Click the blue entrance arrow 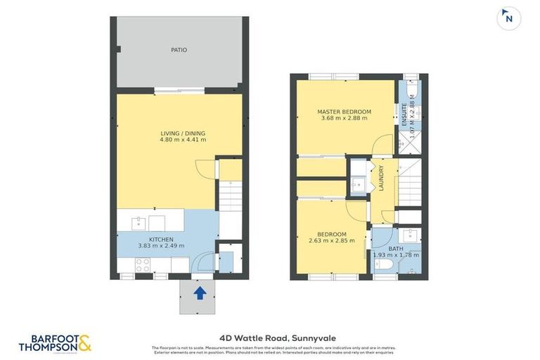pyautogui.click(x=199, y=292)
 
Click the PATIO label pyautogui.click(x=179, y=51)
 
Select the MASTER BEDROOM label pyautogui.click(x=344, y=112)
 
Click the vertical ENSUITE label pyautogui.click(x=404, y=115)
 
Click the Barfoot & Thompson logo pyautogui.click(x=56, y=342)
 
